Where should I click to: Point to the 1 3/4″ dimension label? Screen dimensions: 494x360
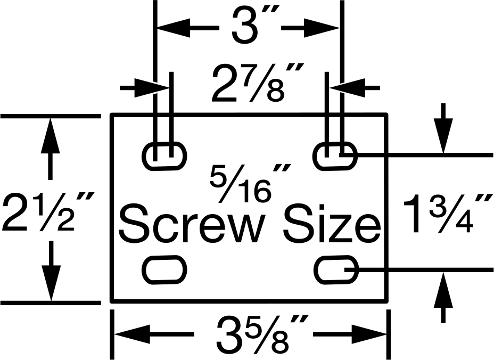[x=447, y=214]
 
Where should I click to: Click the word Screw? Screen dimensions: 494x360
[x=191, y=224]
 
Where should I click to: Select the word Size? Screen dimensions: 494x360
[x=332, y=224]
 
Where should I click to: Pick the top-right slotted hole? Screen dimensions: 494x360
[x=335, y=156]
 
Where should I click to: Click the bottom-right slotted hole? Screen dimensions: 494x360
[x=336, y=270]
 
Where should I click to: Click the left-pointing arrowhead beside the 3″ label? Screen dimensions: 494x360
[x=174, y=28]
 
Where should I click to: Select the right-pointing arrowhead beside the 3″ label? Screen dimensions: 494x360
[x=322, y=28]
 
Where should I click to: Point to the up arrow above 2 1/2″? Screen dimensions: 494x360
[x=51, y=136]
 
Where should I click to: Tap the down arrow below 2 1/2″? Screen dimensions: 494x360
[x=51, y=283]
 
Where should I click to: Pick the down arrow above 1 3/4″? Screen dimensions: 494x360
[x=443, y=136]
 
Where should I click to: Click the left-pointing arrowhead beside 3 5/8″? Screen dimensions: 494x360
[x=131, y=334]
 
